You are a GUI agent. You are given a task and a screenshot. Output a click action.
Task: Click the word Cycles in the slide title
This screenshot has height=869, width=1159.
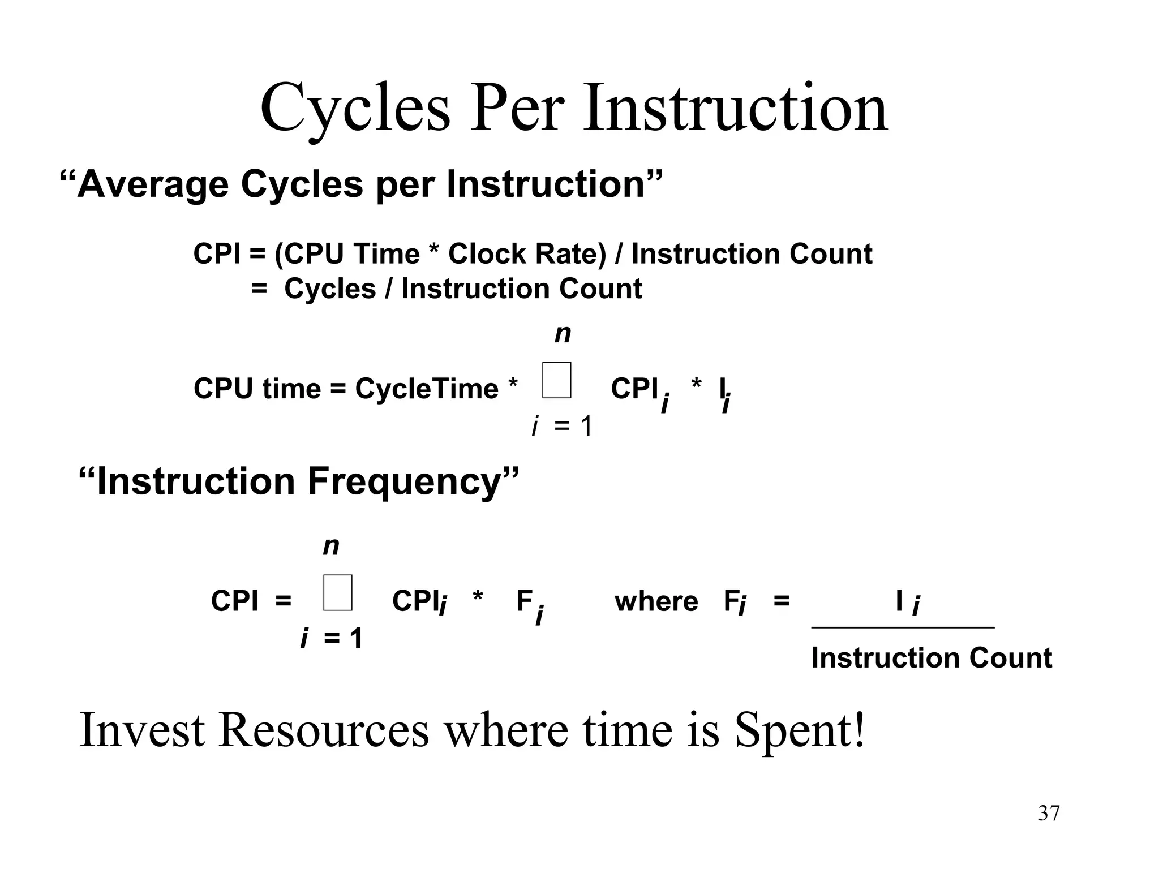pyautogui.click(x=355, y=109)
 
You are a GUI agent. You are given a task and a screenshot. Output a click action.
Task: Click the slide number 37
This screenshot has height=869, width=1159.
pyautogui.click(x=1049, y=813)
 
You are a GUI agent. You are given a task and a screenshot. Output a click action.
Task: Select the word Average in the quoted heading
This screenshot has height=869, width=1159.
pyautogui.click(x=153, y=184)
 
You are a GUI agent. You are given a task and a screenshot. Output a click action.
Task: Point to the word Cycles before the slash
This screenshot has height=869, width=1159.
pyautogui.click(x=330, y=289)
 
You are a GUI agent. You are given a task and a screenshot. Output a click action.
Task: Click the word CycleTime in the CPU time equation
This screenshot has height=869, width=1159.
pyautogui.click(x=427, y=389)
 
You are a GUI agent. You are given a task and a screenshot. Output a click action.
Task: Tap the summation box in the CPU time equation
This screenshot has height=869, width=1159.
pyautogui.click(x=556, y=380)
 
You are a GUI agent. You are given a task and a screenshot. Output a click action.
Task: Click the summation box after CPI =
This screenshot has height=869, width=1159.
pyautogui.click(x=338, y=592)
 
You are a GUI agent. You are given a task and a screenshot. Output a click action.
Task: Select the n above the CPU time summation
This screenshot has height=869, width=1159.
pyautogui.click(x=563, y=334)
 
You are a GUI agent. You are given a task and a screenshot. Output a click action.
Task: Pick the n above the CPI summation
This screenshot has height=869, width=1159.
pyautogui.click(x=331, y=547)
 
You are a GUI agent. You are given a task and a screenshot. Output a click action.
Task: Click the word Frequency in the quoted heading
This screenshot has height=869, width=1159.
pyautogui.click(x=404, y=481)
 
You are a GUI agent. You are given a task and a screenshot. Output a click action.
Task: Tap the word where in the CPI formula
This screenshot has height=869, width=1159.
pyautogui.click(x=656, y=601)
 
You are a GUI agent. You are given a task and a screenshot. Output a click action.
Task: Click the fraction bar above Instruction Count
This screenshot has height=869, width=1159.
pyautogui.click(x=903, y=627)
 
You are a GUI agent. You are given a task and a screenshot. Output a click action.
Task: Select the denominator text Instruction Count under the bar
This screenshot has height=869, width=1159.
pyautogui.click(x=932, y=659)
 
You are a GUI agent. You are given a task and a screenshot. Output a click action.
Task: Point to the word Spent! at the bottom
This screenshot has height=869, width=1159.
pyautogui.click(x=800, y=730)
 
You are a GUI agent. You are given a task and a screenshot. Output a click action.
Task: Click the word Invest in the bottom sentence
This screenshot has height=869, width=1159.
pyautogui.click(x=142, y=730)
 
